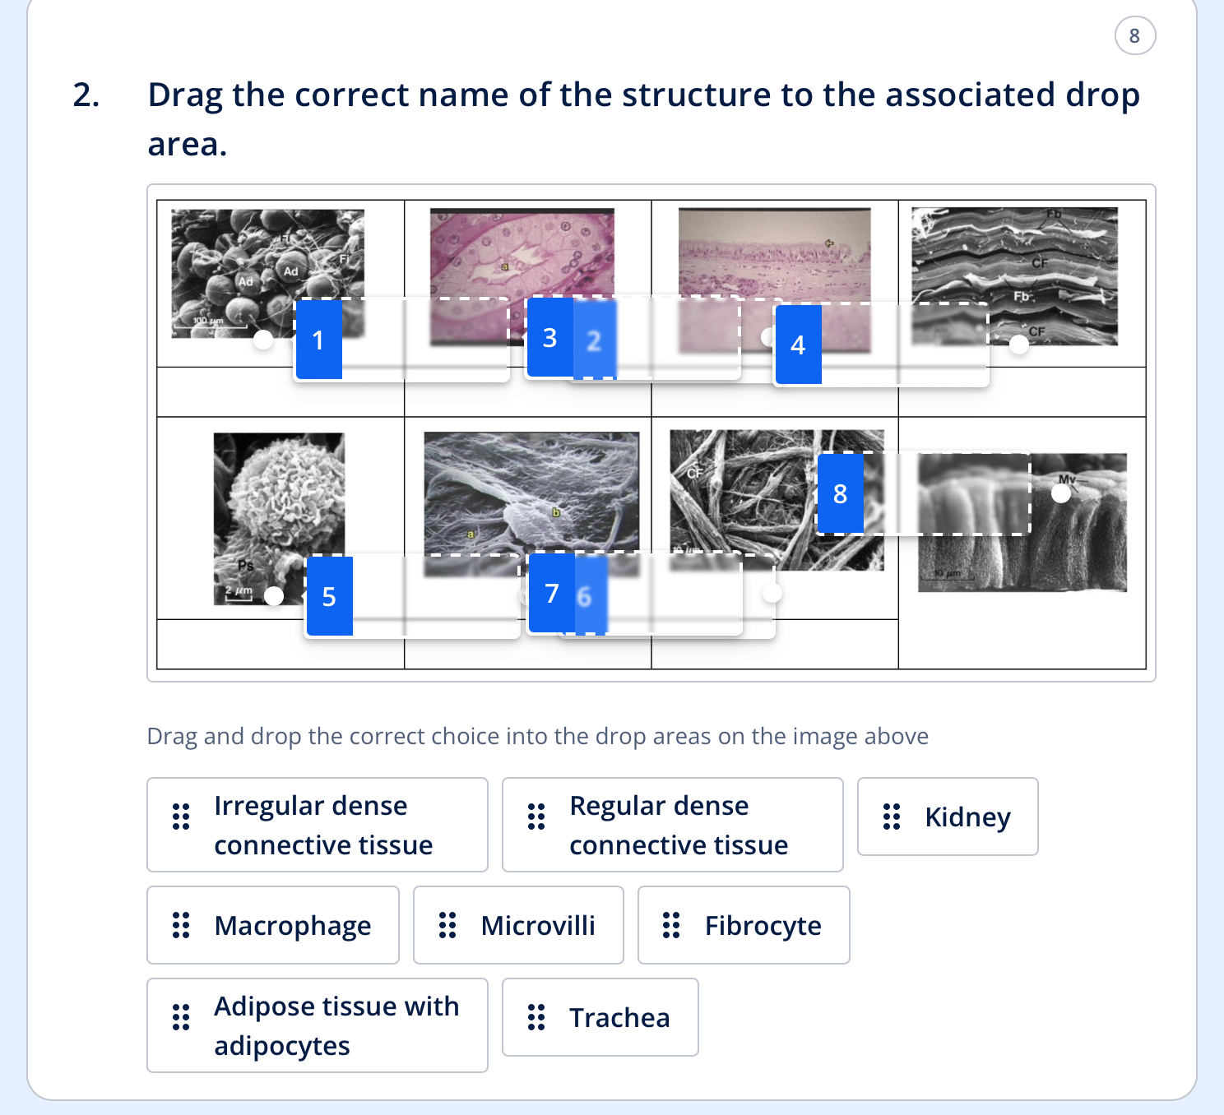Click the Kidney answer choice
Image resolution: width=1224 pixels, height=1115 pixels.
tap(948, 817)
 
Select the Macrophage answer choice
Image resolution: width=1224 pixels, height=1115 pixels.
tap(273, 925)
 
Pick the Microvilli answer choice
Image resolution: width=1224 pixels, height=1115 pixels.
tap(518, 925)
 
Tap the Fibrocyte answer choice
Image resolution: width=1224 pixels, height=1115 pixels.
tap(744, 925)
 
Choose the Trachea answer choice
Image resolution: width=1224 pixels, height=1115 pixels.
tap(600, 1017)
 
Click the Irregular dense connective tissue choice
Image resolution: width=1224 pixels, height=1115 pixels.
tap(318, 825)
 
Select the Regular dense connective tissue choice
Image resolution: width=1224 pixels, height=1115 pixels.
tap(673, 825)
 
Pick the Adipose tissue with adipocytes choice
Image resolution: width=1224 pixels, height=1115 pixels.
tap(318, 1025)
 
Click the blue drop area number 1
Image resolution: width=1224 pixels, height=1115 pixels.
tap(318, 340)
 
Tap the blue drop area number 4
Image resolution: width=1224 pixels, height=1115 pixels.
tap(798, 345)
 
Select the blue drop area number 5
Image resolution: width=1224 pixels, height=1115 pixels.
tap(329, 596)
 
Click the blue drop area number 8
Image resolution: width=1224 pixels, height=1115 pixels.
tap(840, 493)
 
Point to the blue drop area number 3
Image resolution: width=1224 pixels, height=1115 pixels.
tap(549, 337)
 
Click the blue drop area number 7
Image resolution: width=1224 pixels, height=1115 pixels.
tap(551, 593)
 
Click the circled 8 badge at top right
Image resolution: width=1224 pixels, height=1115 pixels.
tap(1134, 35)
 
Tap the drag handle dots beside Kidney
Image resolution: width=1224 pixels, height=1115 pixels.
tap(892, 817)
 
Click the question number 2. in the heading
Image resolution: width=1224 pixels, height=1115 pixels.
tap(86, 95)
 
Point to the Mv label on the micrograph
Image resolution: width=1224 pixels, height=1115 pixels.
tap(1067, 479)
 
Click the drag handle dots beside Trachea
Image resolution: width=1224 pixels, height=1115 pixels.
tap(536, 1017)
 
